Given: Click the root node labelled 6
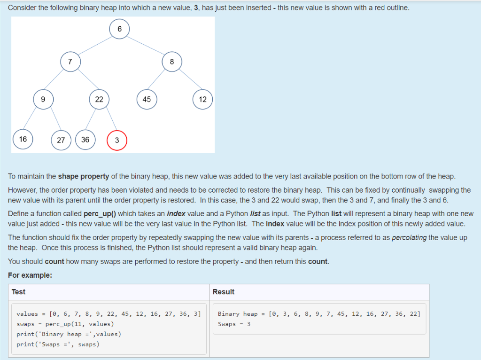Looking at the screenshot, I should pyautogui.click(x=119, y=29).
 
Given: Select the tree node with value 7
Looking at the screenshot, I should pyautogui.click(x=70, y=62).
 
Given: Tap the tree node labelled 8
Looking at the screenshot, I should pyautogui.click(x=172, y=62).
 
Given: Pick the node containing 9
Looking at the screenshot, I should pyautogui.click(x=43, y=99).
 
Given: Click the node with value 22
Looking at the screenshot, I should pyautogui.click(x=99, y=99).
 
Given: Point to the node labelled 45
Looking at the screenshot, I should pyautogui.click(x=147, y=99).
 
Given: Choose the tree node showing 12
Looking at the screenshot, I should pyautogui.click(x=202, y=99).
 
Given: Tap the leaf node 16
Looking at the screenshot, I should pyautogui.click(x=23, y=139).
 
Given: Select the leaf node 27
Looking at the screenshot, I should pyautogui.click(x=61, y=140).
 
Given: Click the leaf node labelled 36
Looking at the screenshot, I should pyautogui.click(x=85, y=140).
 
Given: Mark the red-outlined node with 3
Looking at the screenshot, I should pyautogui.click(x=117, y=140).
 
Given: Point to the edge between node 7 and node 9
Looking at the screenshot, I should pyautogui.click(x=57, y=80).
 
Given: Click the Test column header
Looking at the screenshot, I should pyautogui.click(x=19, y=292).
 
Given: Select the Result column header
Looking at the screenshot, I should pyautogui.click(x=223, y=292).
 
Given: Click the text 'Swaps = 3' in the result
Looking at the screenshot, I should pyautogui.click(x=234, y=324).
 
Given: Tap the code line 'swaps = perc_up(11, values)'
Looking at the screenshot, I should pyautogui.click(x=65, y=324).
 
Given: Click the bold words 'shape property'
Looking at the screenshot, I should pyautogui.click(x=83, y=176).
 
